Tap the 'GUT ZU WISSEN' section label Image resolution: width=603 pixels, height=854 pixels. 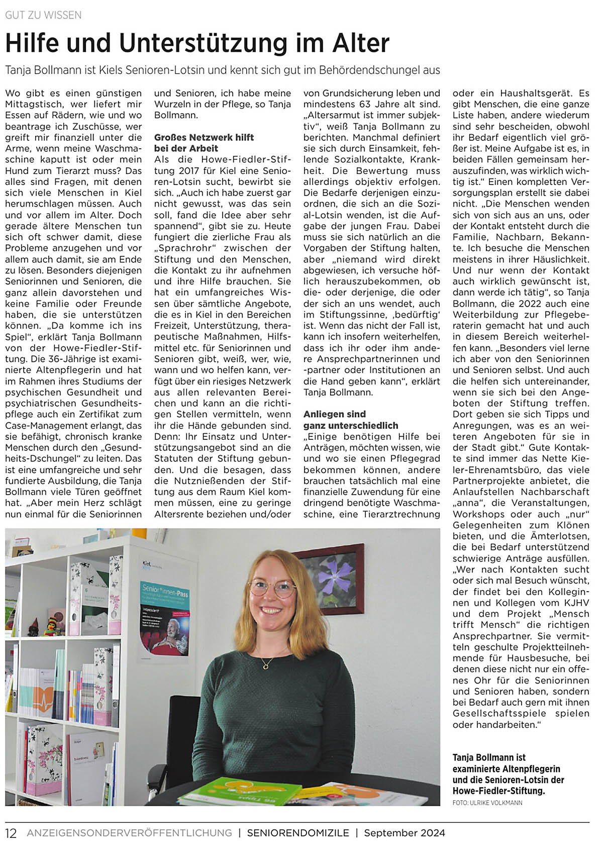click(43, 15)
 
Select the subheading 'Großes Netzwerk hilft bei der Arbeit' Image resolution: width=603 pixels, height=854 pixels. click(204, 143)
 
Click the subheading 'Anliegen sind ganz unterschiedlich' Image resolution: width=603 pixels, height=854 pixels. click(350, 420)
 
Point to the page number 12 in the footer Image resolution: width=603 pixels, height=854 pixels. click(11, 833)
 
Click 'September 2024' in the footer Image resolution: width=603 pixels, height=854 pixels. click(405, 833)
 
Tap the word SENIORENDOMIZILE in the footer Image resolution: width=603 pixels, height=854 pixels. click(298, 833)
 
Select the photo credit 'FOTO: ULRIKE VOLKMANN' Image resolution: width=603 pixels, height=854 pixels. click(487, 803)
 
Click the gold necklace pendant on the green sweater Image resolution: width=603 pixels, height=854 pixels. click(265, 666)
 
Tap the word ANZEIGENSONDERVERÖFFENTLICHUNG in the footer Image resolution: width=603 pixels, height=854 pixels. click(129, 833)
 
